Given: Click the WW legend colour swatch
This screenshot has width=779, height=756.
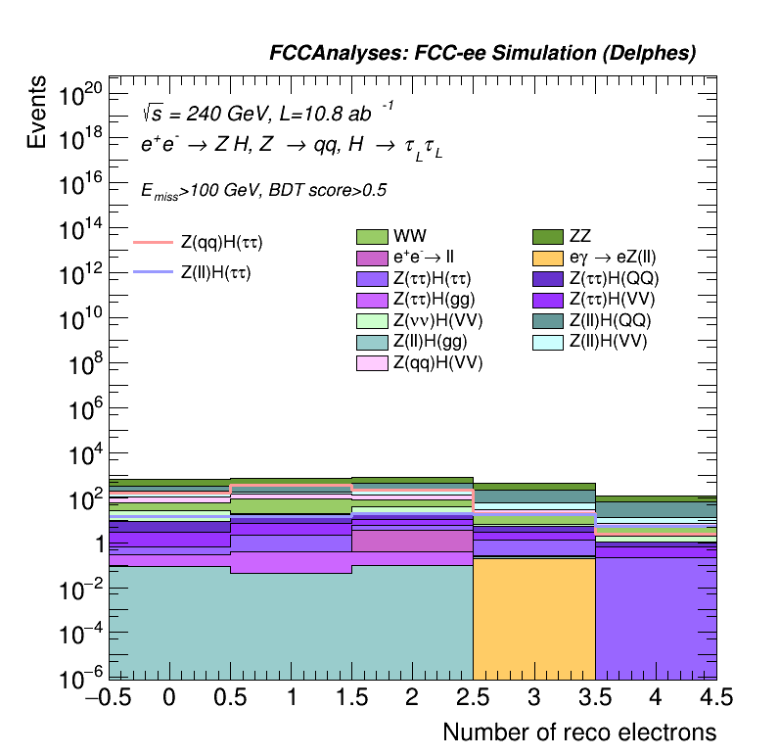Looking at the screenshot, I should point(372,236).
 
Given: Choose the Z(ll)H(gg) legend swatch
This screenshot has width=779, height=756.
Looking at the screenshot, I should point(372,342).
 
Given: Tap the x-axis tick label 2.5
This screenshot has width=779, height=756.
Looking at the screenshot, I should point(473,698).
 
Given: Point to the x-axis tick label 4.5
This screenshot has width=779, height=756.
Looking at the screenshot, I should point(715,698).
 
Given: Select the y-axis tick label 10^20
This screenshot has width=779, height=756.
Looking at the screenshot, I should point(79,96).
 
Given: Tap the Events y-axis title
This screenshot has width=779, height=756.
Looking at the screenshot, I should point(37,113).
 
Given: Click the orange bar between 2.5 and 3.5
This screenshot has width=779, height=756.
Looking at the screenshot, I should point(533,617).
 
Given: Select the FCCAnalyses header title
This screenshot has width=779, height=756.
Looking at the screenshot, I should point(482,54).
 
